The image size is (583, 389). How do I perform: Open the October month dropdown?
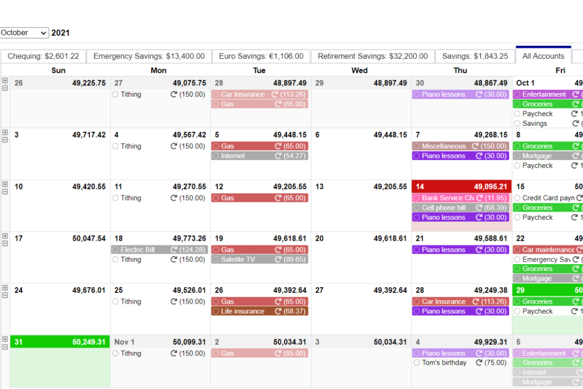(x=24, y=33)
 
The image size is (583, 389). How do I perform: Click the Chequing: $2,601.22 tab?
(x=43, y=56)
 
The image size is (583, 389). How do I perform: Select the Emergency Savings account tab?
(x=149, y=56)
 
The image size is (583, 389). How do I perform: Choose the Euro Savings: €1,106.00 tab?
(x=261, y=56)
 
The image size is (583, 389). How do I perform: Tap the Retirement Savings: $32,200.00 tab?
(x=373, y=56)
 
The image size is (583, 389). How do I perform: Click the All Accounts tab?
(x=543, y=56)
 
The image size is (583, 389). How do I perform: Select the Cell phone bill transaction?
(x=444, y=208)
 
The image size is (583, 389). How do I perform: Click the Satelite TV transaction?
(x=238, y=260)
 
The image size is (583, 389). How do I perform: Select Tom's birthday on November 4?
(x=444, y=363)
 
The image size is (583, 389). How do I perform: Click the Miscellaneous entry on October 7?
(x=444, y=146)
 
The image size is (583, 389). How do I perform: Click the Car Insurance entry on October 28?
(x=444, y=301)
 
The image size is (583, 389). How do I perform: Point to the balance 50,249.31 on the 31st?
(x=89, y=342)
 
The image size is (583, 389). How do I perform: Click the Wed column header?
(x=360, y=71)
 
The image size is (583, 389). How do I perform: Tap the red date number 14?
(x=420, y=187)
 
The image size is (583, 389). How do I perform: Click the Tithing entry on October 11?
(x=131, y=198)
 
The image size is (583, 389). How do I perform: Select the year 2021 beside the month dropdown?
(x=61, y=33)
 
